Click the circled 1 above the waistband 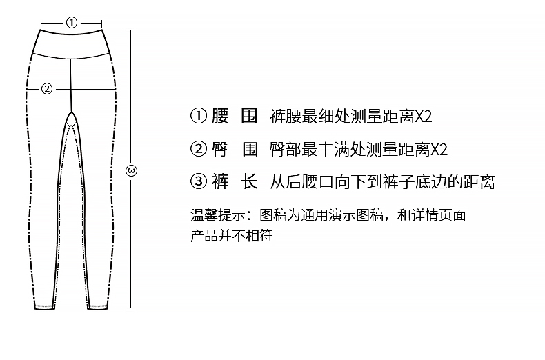coord(72,21)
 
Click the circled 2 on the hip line coord(47,88)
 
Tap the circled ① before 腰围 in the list coord(198,116)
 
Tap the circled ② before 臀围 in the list coord(198,149)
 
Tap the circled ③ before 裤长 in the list coord(198,182)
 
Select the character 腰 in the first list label coord(220,116)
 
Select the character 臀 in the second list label coord(220,149)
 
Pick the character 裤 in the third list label coord(220,182)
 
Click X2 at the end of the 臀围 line coord(439,149)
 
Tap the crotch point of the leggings coord(71,114)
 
